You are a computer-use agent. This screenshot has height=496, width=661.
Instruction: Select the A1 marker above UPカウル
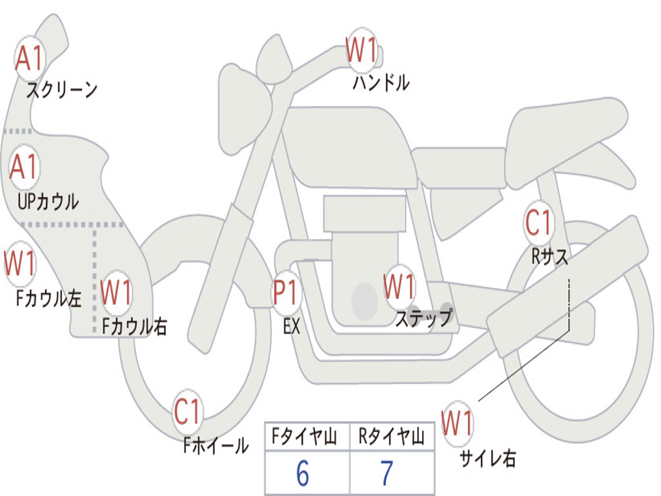pyautogui.click(x=25, y=167)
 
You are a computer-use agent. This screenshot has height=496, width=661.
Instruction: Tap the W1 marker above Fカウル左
pyautogui.click(x=19, y=263)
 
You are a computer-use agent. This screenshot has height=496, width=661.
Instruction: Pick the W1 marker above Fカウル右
pyautogui.click(x=116, y=292)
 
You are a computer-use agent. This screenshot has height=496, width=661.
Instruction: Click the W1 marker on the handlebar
pyautogui.click(x=361, y=50)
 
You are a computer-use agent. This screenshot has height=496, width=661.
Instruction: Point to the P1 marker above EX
pyautogui.click(x=287, y=292)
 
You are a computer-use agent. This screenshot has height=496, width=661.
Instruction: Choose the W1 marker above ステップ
pyautogui.click(x=399, y=287)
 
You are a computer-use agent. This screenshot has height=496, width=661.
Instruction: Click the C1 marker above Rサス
pyautogui.click(x=538, y=222)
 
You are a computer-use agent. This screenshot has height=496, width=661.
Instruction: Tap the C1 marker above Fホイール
pyautogui.click(x=187, y=411)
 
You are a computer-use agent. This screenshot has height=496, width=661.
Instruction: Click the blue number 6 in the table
pyautogui.click(x=303, y=473)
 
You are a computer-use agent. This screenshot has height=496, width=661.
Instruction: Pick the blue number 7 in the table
pyautogui.click(x=387, y=473)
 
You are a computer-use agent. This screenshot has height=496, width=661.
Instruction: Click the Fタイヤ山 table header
pyautogui.click(x=305, y=437)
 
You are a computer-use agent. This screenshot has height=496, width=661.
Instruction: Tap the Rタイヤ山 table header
pyautogui.click(x=391, y=437)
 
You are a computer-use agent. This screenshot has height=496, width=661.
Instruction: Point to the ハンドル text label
pyautogui.click(x=381, y=83)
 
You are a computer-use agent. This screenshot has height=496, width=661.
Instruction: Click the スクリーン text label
pyautogui.click(x=62, y=90)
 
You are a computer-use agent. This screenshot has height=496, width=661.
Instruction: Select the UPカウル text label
pyautogui.click(x=48, y=201)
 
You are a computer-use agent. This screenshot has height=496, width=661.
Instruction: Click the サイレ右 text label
pyautogui.click(x=488, y=459)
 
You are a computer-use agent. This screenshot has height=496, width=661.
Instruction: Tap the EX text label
pyautogui.click(x=292, y=326)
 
